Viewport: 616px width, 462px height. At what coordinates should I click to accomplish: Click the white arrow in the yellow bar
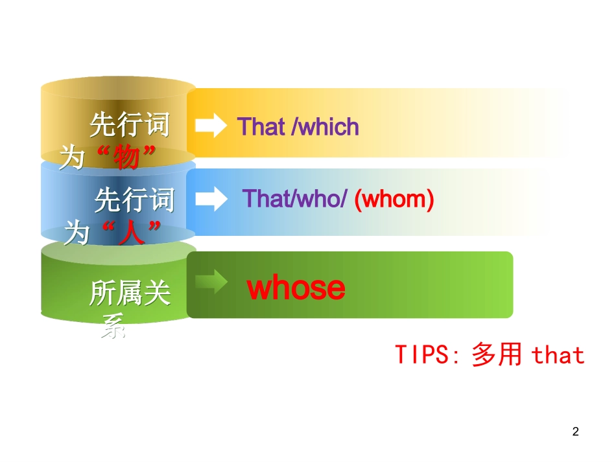[x=211, y=126]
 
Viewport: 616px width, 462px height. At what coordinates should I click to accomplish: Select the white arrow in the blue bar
[x=211, y=199]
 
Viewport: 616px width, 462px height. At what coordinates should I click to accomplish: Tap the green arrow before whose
[x=211, y=281]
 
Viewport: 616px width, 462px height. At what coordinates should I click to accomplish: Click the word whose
[x=296, y=288]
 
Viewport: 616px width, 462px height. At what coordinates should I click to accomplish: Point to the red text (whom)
[x=394, y=199]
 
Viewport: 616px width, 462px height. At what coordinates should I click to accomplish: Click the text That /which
[x=298, y=126]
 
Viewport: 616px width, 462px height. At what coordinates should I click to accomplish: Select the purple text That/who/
[x=295, y=199]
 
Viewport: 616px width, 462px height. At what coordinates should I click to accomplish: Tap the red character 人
[x=132, y=232]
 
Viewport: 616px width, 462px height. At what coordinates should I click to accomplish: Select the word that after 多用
[x=558, y=355]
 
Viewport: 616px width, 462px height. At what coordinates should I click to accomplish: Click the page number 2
[x=576, y=432]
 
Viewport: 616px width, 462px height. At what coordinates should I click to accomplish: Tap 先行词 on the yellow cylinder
[x=129, y=124]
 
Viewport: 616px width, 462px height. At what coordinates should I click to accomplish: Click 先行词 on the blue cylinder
[x=134, y=200]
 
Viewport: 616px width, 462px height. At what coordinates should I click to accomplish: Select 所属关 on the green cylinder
[x=130, y=294]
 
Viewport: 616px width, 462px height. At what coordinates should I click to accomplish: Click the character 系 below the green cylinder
[x=113, y=329]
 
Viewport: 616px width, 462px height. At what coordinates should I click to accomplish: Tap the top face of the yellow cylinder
[x=118, y=88]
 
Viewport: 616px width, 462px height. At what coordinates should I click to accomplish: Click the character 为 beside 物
[x=73, y=157]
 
